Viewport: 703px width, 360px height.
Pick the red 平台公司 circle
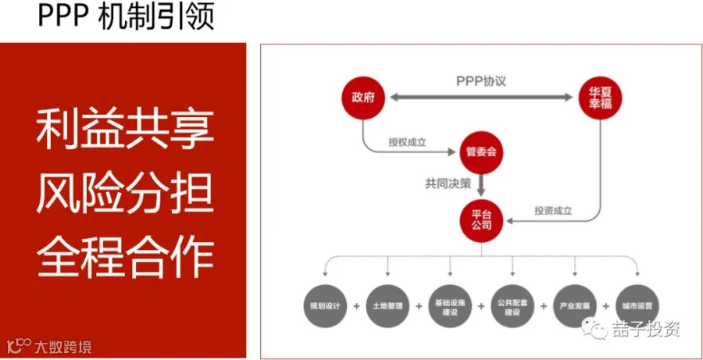(x=481, y=219)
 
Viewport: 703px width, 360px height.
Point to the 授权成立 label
(x=408, y=142)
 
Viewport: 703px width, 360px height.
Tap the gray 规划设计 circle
(x=323, y=305)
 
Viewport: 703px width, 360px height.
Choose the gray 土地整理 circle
(x=387, y=305)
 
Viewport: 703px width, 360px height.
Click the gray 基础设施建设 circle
(x=449, y=305)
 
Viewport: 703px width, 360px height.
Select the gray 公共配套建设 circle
(x=512, y=305)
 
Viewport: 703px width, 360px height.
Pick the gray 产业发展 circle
(x=575, y=305)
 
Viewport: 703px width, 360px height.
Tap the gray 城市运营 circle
(x=637, y=305)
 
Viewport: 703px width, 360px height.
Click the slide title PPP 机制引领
(x=125, y=16)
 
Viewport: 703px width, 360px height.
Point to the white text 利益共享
(x=126, y=129)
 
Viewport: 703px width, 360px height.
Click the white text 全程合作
(x=126, y=251)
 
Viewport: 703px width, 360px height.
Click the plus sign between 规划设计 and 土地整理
(x=355, y=305)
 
